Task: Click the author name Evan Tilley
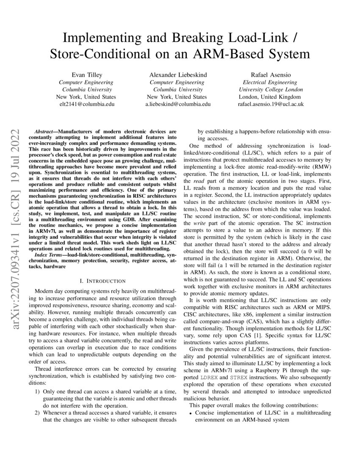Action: [x=86, y=75]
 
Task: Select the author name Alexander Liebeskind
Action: [x=178, y=75]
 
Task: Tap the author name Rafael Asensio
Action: [x=271, y=75]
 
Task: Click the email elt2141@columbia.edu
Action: [x=86, y=104]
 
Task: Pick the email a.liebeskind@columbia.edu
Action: [x=178, y=104]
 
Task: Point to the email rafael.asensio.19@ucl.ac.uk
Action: [x=271, y=104]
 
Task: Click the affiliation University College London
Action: [x=271, y=89]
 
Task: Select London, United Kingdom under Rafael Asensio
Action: [x=271, y=97]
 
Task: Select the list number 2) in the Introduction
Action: [x=36, y=413]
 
